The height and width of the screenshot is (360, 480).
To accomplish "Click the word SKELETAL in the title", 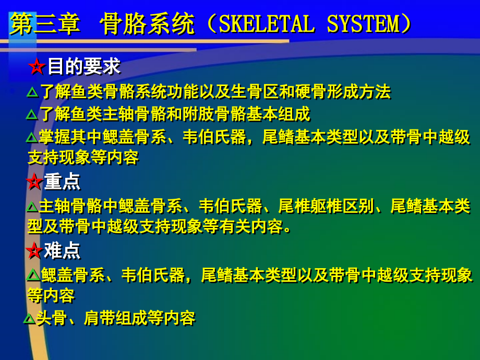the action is click(x=267, y=24).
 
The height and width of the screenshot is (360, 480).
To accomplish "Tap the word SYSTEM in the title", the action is click(x=363, y=24).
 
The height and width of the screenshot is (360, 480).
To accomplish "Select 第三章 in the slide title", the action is click(x=45, y=24).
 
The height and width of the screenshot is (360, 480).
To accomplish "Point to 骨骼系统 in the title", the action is click(x=147, y=24).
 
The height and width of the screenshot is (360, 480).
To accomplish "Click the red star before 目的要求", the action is click(x=37, y=66).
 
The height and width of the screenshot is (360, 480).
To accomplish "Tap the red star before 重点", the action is click(x=34, y=181).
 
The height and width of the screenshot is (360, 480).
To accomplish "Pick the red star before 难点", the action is click(x=34, y=250).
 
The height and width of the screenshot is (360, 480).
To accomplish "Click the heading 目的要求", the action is click(x=84, y=66).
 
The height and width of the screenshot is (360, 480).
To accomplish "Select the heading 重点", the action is click(x=62, y=182).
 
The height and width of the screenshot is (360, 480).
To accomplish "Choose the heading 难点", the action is click(x=62, y=250).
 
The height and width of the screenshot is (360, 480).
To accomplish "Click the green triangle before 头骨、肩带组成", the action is click(x=29, y=319).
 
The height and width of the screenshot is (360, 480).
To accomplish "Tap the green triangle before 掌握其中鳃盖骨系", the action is click(x=32, y=137).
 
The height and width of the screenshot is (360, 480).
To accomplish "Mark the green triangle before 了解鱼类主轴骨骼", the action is click(x=32, y=114).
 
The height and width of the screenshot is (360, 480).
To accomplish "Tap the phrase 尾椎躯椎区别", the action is click(x=326, y=206).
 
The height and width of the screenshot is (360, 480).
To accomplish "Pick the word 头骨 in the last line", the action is click(x=52, y=318).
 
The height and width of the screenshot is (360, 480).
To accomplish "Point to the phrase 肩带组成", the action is click(x=115, y=318).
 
